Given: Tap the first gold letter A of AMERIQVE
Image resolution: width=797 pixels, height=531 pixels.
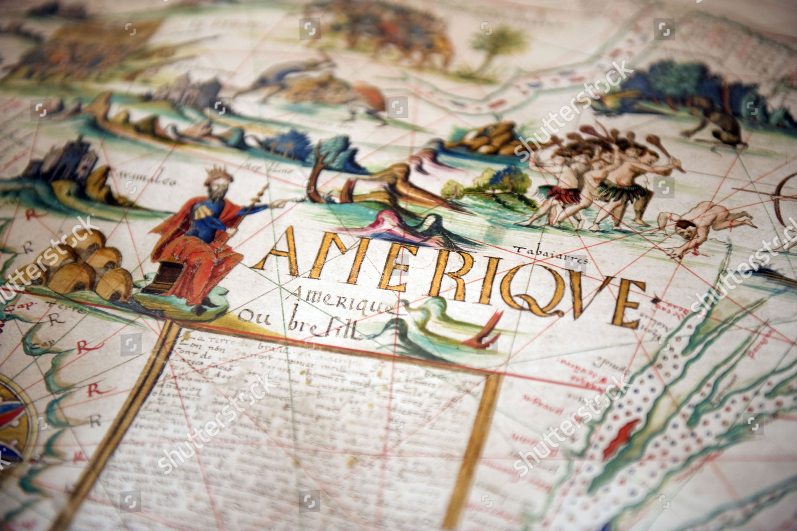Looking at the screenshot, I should coord(282,250).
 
